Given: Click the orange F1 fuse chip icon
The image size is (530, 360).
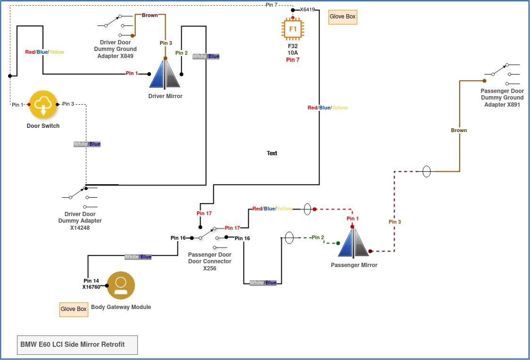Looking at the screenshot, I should coord(293,29).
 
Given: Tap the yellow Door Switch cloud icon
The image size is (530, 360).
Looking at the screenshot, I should coord(43,104).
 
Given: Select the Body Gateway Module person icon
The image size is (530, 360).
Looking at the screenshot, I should coord(121,285).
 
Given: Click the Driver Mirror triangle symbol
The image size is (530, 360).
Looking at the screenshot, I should coord(165,74).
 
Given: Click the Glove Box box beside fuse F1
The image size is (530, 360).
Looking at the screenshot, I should coord(343,17).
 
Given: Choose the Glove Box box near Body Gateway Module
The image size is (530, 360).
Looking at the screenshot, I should coord(74,310).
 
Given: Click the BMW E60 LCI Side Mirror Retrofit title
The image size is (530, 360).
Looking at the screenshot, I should coord(73,344).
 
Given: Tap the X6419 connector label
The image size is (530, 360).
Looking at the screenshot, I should coord(307,9).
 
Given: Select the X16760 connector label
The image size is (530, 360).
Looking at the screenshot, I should coord(91,287).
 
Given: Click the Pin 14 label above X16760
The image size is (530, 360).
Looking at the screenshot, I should coord(91,281).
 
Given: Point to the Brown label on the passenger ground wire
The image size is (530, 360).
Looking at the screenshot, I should coord(459,130).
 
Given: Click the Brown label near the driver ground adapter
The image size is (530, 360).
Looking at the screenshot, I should coord(150,15).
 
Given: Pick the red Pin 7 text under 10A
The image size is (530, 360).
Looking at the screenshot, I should coord(293,60).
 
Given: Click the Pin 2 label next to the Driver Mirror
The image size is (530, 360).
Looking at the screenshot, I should coord(181,53).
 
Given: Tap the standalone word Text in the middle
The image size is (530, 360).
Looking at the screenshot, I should coord(272,153).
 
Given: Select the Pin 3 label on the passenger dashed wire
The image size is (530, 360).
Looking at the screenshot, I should coord(395,222).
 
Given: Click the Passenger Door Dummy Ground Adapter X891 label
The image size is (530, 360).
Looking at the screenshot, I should coord(502,98).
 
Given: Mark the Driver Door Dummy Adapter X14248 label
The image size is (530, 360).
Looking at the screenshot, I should coord(80,221).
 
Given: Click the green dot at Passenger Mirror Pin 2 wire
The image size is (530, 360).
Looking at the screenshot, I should coord(338,243).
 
